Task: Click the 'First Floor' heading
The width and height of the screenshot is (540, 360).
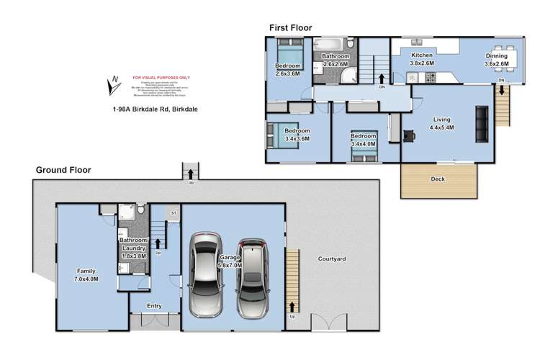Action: [x=290, y=27]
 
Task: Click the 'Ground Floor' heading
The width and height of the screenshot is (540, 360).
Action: [x=63, y=171]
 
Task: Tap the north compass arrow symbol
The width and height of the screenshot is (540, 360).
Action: [x=112, y=86]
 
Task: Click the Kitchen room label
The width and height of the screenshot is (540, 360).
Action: [x=421, y=59]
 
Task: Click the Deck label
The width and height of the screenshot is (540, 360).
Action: [x=438, y=179]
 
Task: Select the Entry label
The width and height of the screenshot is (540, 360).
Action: [x=154, y=306]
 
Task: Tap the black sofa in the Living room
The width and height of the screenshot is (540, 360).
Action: [x=481, y=123]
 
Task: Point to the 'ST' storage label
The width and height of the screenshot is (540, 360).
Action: [x=174, y=213]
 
